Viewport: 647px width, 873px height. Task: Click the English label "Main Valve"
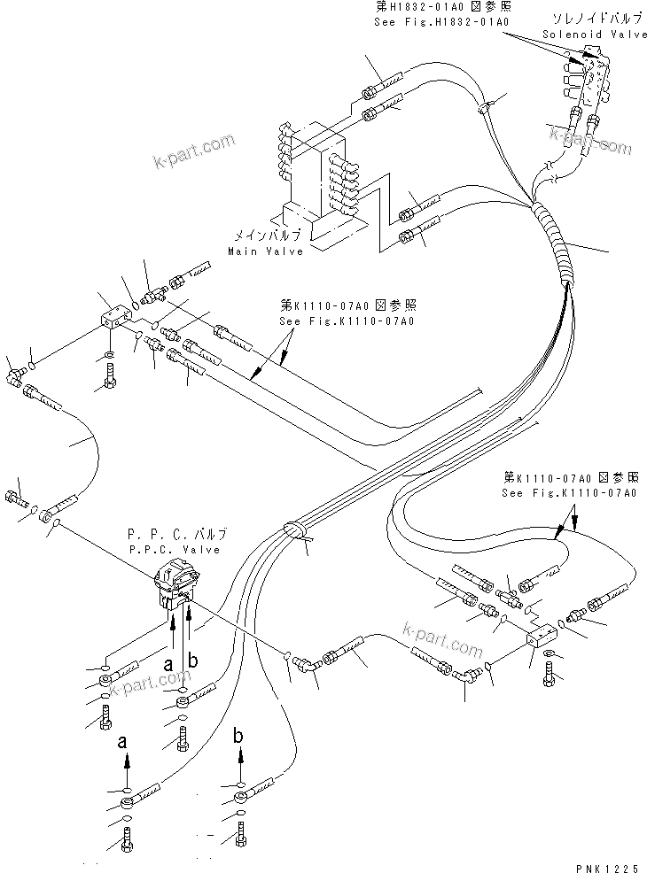click(265, 251)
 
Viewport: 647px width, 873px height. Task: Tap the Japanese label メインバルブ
click(268, 236)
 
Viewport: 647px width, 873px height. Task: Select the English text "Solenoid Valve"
click(584, 34)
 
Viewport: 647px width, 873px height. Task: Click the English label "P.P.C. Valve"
click(175, 550)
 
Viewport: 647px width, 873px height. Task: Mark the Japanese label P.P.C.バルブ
click(177, 535)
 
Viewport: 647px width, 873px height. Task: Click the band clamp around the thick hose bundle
click(292, 531)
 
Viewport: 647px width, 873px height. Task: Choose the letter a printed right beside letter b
click(168, 663)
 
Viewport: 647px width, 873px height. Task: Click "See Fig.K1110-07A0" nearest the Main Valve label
click(347, 321)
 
